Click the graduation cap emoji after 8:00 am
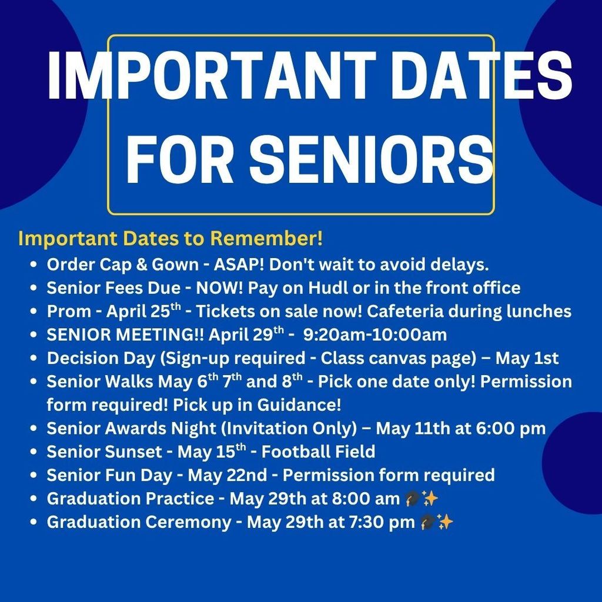pos(412,499)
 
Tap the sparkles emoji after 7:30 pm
pos(446,522)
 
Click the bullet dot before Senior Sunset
pos(34,453)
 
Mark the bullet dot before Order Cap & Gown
pos(34,265)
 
